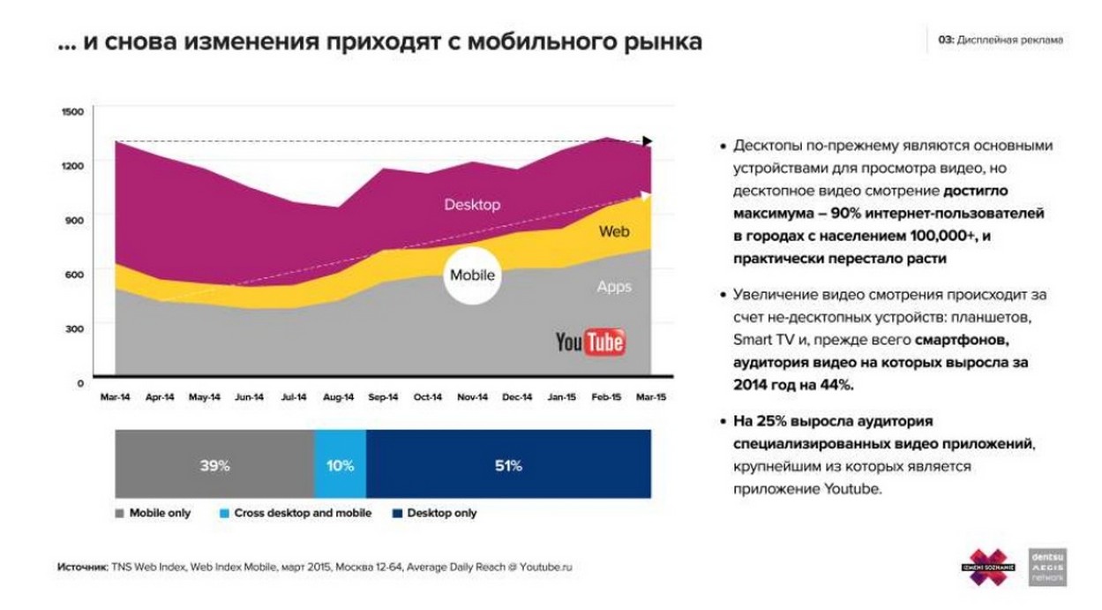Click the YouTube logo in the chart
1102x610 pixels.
(x=590, y=342)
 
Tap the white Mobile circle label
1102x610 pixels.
(x=472, y=275)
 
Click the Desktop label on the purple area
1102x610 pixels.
(x=472, y=205)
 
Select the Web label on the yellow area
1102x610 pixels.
(x=614, y=231)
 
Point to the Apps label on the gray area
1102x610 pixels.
(x=614, y=287)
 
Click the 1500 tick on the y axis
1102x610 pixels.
(x=72, y=112)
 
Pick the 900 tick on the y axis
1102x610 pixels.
(x=74, y=221)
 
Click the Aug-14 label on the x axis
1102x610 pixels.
(x=339, y=398)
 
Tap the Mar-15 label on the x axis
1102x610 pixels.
(x=651, y=398)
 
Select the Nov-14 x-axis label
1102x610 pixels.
(x=473, y=398)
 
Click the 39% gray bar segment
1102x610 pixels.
(x=214, y=465)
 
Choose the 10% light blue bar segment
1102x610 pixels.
(x=340, y=465)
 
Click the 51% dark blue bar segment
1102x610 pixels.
(x=508, y=465)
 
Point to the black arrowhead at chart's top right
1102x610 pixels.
(x=648, y=141)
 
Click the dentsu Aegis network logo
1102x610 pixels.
(x=1047, y=566)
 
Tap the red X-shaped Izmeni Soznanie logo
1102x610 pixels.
(x=988, y=566)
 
